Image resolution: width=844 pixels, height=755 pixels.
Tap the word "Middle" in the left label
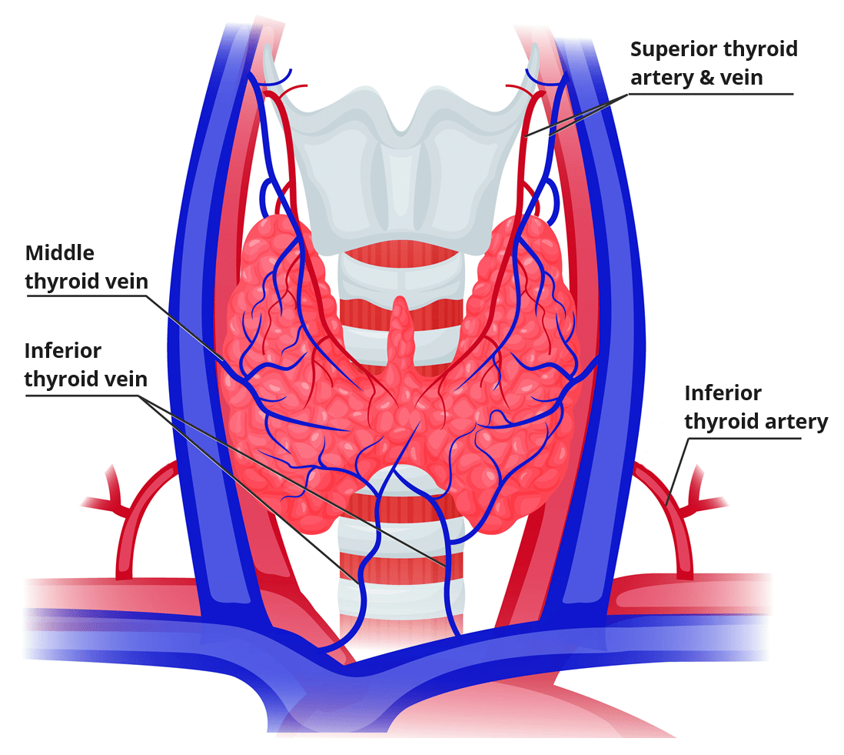coord(60,253)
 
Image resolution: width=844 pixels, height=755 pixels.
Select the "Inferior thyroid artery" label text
coord(756,408)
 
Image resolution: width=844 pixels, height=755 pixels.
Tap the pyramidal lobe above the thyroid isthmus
coord(400,327)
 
